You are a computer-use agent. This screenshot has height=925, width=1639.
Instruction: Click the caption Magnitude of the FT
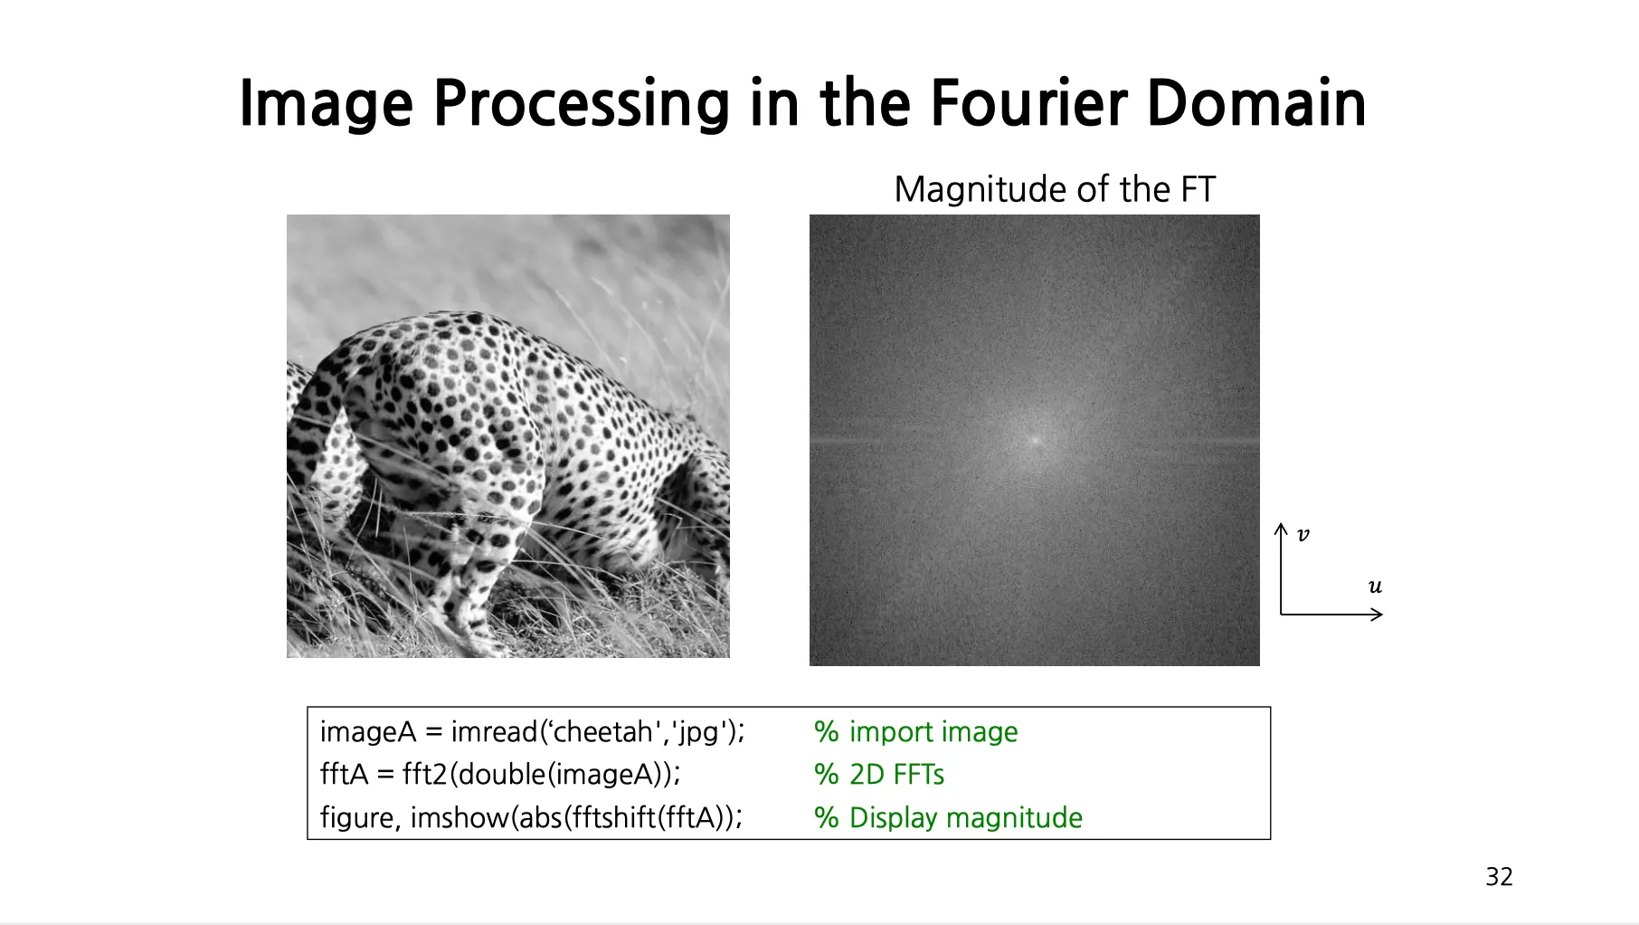pos(1055,189)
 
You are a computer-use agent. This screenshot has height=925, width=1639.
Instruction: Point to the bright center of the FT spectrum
pos(1034,440)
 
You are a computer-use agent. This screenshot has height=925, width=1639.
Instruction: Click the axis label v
pos(1303,535)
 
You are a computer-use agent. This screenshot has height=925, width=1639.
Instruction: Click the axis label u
pos(1375,586)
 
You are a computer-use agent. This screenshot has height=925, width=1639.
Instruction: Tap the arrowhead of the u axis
pos(1378,615)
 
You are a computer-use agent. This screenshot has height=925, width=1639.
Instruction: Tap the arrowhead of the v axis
pos(1281,528)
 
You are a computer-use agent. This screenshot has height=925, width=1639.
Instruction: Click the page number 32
pos(1499,876)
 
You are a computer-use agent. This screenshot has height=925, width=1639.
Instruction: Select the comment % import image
pos(915,731)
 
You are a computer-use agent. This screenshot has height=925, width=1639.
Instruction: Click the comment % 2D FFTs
pos(879,774)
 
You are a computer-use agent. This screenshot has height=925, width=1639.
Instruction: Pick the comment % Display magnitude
pos(948,817)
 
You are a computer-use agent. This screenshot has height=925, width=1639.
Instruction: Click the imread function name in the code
pos(496,731)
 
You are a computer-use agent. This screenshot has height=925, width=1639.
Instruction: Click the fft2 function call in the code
pos(425,774)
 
